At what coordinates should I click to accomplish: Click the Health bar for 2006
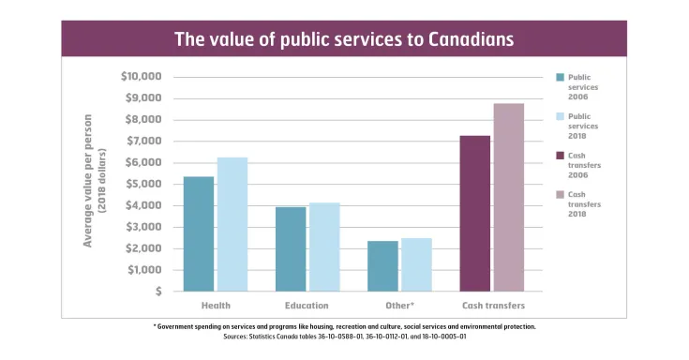(x=198, y=234)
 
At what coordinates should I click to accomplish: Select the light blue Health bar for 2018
(x=232, y=225)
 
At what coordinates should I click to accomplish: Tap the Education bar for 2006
(x=291, y=249)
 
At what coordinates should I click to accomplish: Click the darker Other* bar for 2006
(x=382, y=266)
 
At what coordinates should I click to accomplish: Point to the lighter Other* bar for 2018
(x=416, y=265)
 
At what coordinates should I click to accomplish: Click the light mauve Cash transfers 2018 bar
(x=509, y=198)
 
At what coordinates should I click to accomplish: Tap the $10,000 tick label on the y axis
(x=142, y=77)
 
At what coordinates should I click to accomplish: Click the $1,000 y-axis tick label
(x=144, y=270)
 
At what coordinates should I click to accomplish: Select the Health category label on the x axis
(x=216, y=306)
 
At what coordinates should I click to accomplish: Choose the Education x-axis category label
(x=307, y=306)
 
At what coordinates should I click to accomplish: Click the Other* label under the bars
(x=399, y=306)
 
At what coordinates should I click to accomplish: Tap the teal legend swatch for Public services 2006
(x=560, y=78)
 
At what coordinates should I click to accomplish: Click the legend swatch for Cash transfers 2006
(x=560, y=156)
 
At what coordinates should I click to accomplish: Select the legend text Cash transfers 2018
(x=584, y=203)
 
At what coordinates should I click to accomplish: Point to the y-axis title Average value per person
(x=88, y=180)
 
